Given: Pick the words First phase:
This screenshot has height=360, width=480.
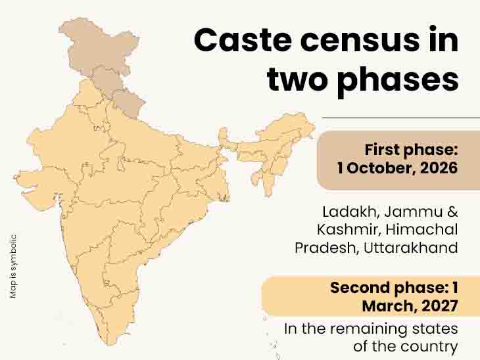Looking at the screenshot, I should [411, 148].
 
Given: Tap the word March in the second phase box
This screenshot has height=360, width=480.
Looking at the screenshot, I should [387, 305].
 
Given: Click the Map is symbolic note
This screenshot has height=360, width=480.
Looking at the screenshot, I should [13, 267].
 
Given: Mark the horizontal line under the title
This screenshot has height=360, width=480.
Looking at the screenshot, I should [400, 118].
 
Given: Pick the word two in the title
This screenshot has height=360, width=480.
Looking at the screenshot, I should [295, 80].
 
